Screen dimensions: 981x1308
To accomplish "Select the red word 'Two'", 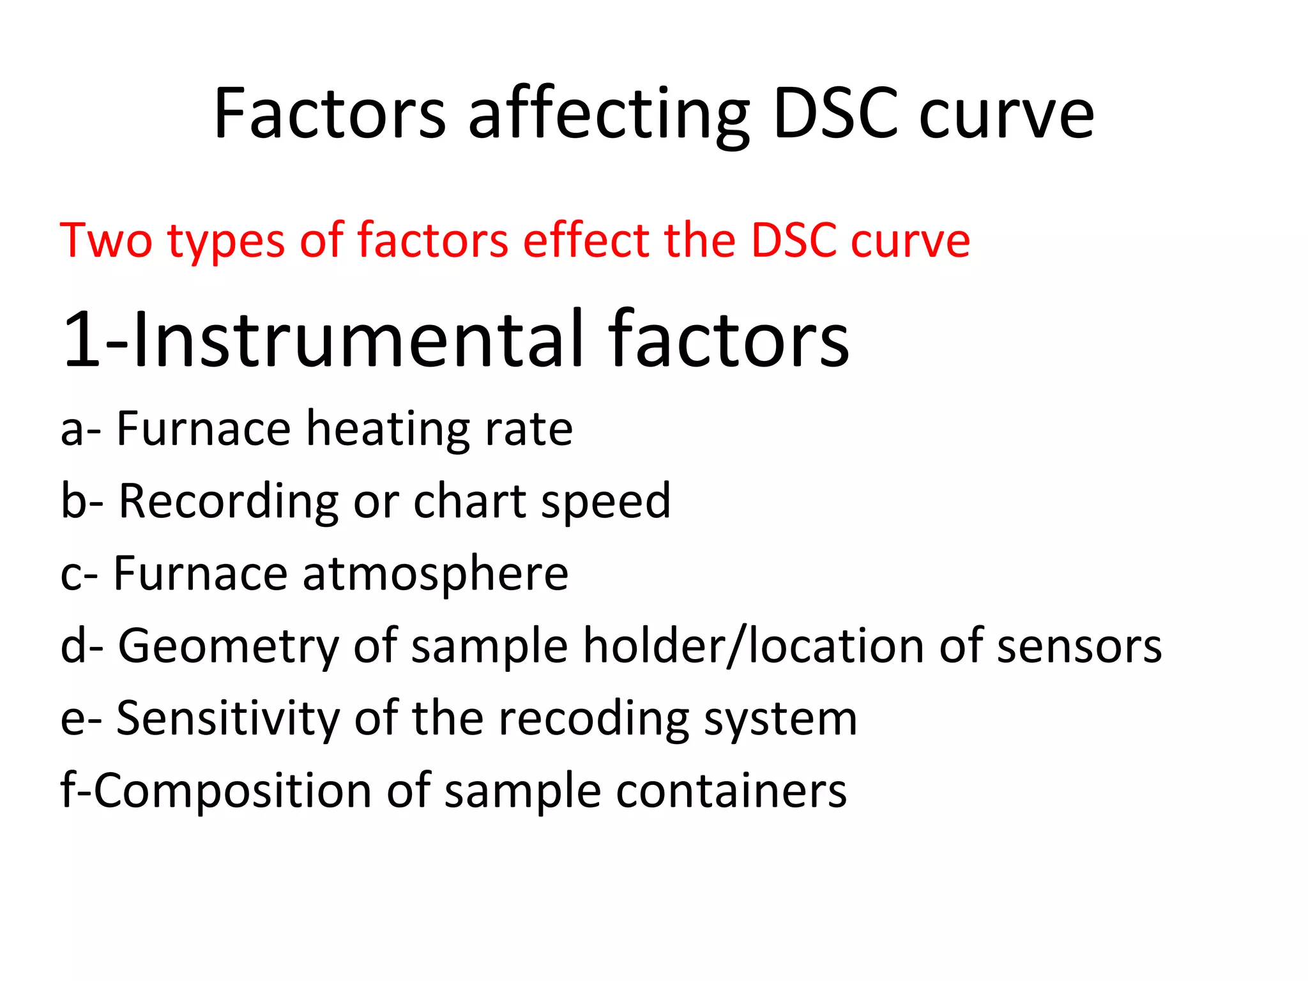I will point(106,241).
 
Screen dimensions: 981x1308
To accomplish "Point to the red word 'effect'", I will point(586,241).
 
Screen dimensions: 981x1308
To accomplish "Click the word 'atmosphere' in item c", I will point(435,574).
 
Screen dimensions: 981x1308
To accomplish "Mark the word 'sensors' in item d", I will point(1079,646).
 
